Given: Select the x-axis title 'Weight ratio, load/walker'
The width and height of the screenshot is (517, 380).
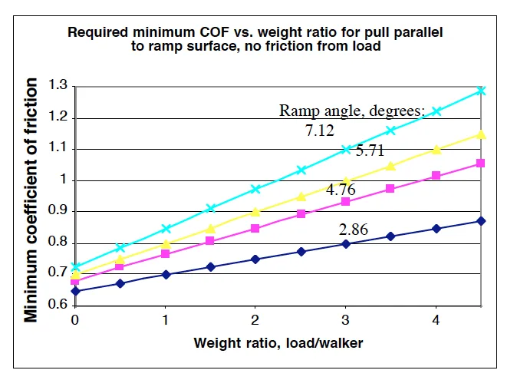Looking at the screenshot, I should pyautogui.click(x=278, y=343).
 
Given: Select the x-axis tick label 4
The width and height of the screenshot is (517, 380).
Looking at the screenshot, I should pyautogui.click(x=436, y=320).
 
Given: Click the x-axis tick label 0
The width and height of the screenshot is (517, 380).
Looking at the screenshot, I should pyautogui.click(x=74, y=320).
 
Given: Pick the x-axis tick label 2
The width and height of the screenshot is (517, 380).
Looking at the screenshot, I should pyautogui.click(x=255, y=320).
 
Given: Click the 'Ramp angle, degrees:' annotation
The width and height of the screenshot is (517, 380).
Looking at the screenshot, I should pyautogui.click(x=351, y=111).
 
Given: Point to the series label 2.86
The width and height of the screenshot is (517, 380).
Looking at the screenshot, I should pyautogui.click(x=354, y=230).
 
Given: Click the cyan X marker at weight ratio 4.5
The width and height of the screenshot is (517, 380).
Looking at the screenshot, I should pyautogui.click(x=481, y=91).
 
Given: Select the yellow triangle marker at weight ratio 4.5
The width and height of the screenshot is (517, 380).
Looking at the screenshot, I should pyautogui.click(x=481, y=134).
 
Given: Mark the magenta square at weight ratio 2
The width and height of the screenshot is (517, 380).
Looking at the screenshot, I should pyautogui.click(x=255, y=228).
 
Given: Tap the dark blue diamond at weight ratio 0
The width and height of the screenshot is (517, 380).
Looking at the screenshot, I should pyautogui.click(x=75, y=291).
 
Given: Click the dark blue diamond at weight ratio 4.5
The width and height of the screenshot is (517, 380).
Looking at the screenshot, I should pyautogui.click(x=481, y=221).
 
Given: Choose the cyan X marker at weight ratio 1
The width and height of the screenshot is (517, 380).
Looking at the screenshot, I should pyautogui.click(x=165, y=229).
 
